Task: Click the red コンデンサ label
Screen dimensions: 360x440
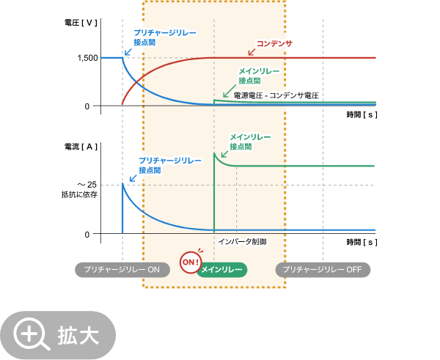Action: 274,43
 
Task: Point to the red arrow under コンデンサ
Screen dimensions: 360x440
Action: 252,52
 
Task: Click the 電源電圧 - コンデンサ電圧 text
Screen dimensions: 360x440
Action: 276,95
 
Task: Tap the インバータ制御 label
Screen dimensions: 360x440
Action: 242,241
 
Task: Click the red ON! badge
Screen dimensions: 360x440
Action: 191,262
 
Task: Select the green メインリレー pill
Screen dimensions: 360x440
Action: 222,270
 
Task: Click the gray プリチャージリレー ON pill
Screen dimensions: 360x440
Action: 122,270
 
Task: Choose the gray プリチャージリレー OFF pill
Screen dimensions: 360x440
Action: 323,270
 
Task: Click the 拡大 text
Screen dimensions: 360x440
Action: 78,336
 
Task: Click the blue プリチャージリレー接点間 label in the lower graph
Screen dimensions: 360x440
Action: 169,165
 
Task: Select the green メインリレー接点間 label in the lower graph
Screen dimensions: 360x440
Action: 250,142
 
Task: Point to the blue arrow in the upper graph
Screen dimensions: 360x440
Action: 128,51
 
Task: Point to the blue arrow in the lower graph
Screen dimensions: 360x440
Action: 133,177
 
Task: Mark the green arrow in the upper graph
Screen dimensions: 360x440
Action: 228,91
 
